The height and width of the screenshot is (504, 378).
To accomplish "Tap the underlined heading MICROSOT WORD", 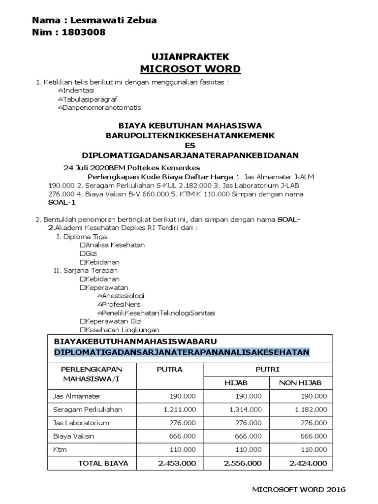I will tap(190, 68).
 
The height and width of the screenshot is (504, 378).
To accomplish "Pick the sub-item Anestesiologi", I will tap(123, 296).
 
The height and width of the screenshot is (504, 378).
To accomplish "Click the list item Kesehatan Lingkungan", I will tap(122, 330).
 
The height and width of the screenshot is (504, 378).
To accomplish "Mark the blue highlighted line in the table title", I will tap(182, 352).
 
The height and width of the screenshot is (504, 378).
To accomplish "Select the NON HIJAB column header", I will tap(300, 383).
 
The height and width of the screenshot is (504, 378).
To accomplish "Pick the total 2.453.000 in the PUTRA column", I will tap(176, 463).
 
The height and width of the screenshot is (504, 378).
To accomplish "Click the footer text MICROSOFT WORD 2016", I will tap(298, 489).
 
